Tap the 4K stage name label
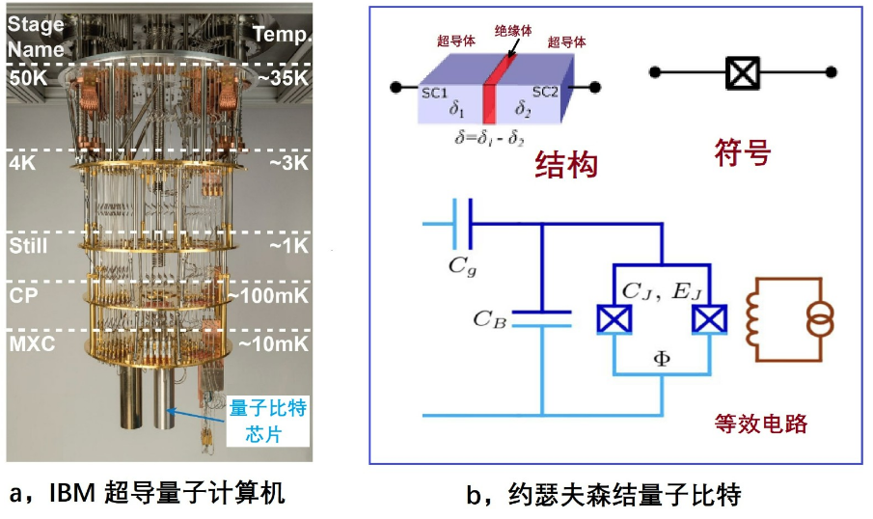pos(23,164)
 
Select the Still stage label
pos(28,247)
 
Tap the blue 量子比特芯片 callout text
pos(268,422)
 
